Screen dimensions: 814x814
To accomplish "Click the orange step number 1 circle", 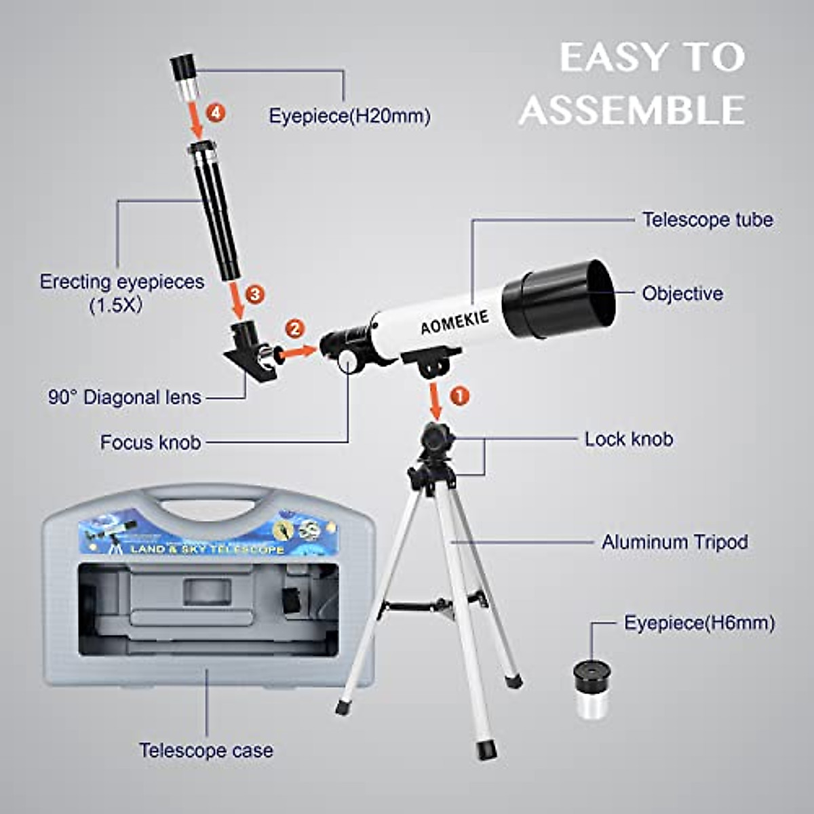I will click(x=460, y=395).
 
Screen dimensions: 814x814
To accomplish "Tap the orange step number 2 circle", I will click(x=294, y=328).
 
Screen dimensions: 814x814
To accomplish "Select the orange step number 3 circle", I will click(x=254, y=294).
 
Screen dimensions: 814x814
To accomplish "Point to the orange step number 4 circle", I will click(x=215, y=113).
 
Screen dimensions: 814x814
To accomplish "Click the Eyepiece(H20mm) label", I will click(x=349, y=116).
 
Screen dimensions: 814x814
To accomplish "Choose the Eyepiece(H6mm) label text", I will click(x=699, y=623).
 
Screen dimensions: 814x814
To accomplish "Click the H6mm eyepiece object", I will click(x=592, y=689).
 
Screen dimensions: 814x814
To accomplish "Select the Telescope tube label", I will click(x=708, y=220).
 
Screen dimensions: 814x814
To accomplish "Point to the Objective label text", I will click(x=682, y=294).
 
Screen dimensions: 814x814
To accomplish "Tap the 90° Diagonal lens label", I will click(x=125, y=397).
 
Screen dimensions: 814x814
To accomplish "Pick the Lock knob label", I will click(x=629, y=439).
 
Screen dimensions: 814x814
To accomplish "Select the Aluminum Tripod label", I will click(x=675, y=542).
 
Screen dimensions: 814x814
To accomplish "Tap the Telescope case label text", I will click(x=206, y=750).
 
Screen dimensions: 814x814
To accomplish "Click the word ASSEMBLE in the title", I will click(x=632, y=110).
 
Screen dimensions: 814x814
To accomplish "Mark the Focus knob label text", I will click(x=151, y=442).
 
